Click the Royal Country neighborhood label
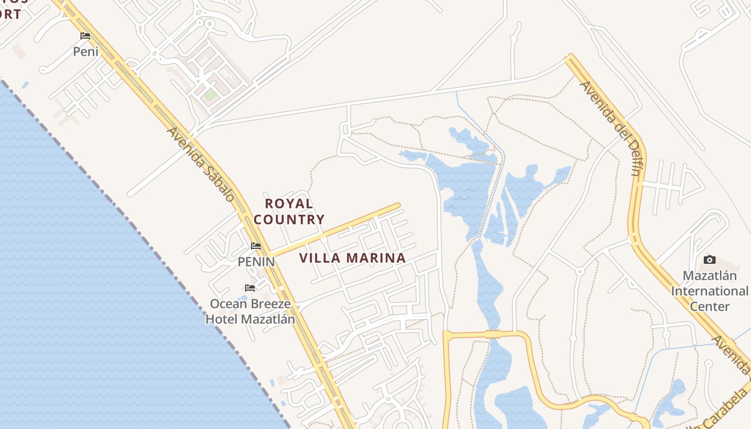[289, 211]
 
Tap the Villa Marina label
[352, 258]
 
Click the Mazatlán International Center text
[709, 291]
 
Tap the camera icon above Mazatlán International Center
[709, 260]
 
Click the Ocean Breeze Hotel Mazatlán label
[250, 312]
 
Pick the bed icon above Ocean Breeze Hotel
[250, 288]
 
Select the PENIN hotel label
[256, 262]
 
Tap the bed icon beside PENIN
[256, 246]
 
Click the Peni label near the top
[86, 51]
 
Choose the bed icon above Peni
[85, 36]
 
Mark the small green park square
[210, 95]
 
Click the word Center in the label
[709, 307]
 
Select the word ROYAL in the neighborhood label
[289, 204]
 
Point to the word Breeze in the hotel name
[264, 304]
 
